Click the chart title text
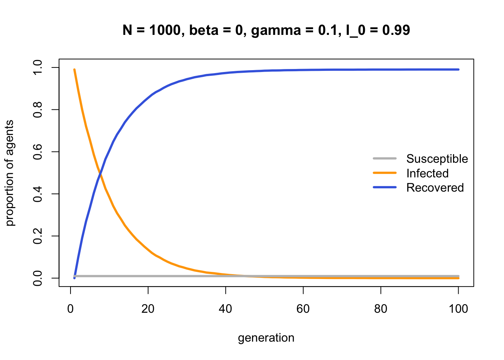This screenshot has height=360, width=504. (x=266, y=30)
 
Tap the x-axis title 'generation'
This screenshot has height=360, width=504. (x=266, y=338)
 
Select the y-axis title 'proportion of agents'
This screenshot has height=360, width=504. (x=10, y=173)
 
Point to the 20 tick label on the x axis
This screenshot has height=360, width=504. (x=148, y=309)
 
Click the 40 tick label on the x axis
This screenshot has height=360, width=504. (x=226, y=309)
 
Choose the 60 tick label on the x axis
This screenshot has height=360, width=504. (x=303, y=309)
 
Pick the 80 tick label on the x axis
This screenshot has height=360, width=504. (x=381, y=309)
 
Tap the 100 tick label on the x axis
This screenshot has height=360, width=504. (x=458, y=309)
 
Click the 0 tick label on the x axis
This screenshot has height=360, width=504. (x=70, y=309)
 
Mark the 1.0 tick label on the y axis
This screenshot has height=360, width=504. (x=38, y=67)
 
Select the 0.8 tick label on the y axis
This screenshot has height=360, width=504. (x=38, y=109)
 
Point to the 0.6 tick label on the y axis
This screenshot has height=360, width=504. (x=38, y=152)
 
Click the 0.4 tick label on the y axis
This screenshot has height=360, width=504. (x=38, y=194)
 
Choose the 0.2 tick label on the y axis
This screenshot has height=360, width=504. (x=38, y=236)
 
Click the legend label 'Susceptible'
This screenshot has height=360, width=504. (x=437, y=159)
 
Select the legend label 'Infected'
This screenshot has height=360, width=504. (x=427, y=173)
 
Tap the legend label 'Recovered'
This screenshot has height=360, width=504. (x=435, y=187)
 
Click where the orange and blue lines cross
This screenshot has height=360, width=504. (x=100, y=173)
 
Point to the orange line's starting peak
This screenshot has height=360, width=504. (x=74, y=70)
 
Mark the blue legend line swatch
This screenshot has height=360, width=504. (x=384, y=187)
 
